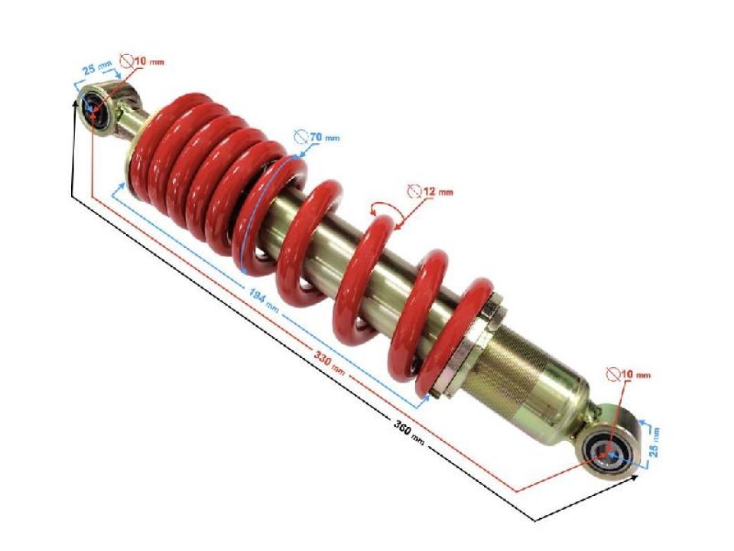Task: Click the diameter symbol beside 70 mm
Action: (x=302, y=136)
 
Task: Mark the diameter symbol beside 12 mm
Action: (x=414, y=191)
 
